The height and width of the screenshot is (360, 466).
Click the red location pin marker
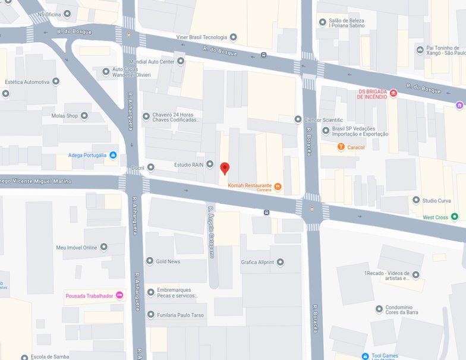[225, 168]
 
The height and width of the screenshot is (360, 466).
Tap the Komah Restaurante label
[250, 185]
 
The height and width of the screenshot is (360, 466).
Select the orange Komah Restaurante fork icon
[278, 187]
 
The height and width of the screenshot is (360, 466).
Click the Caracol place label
[356, 147]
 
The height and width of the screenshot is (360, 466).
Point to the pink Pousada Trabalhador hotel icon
[119, 295]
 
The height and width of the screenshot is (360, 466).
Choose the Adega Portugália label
[87, 155]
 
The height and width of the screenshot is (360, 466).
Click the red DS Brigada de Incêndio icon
[393, 93]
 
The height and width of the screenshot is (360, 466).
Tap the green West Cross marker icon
[455, 217]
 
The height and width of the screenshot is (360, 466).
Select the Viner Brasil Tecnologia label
[201, 37]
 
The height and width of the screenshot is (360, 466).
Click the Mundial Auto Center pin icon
[181, 61]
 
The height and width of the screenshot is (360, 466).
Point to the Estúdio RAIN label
[188, 165]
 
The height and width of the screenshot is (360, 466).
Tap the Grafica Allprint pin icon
[281, 262]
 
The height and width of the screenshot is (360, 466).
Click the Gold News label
[168, 261]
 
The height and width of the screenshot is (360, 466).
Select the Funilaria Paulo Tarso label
[180, 315]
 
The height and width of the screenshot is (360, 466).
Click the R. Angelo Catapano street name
[210, 232]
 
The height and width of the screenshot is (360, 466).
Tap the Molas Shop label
[64, 116]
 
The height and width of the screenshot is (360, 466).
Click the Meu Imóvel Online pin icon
[104, 247]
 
